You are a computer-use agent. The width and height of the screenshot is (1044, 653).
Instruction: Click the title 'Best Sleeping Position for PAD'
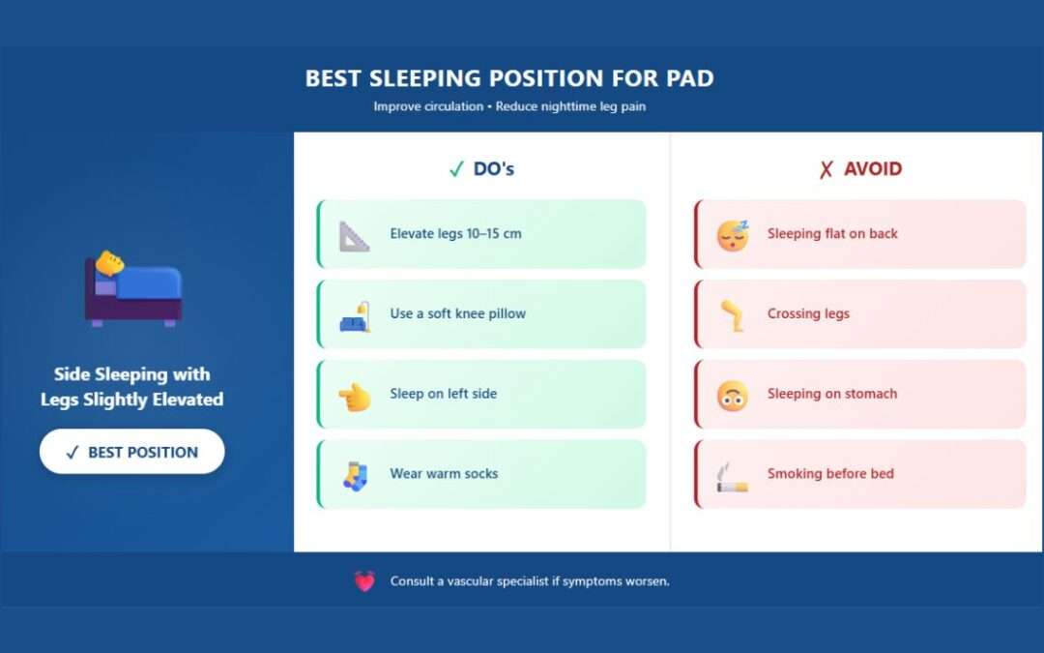click(x=509, y=78)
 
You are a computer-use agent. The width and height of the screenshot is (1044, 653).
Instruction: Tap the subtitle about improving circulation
click(x=509, y=106)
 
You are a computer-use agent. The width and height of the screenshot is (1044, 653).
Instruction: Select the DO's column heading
click(x=481, y=169)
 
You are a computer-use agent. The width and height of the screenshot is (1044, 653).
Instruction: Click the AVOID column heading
click(x=859, y=169)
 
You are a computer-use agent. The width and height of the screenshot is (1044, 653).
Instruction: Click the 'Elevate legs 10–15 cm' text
click(x=455, y=234)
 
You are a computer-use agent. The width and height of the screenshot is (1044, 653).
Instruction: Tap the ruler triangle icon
click(x=354, y=235)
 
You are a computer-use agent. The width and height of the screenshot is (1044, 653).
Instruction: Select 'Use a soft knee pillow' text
click(x=457, y=314)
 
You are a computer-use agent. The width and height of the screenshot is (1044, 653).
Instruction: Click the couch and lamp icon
click(x=354, y=315)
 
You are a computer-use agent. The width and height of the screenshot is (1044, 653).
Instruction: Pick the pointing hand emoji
click(x=354, y=396)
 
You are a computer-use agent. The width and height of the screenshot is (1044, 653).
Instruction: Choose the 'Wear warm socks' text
click(x=444, y=474)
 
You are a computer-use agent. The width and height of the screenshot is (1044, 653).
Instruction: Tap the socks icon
click(x=354, y=475)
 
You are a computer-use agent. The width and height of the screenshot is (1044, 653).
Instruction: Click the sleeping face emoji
click(x=732, y=235)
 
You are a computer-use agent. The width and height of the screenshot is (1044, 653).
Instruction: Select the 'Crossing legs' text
click(x=808, y=314)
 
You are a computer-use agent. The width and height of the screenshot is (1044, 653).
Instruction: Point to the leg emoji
click(x=732, y=315)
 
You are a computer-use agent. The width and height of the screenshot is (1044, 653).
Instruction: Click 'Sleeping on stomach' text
click(x=831, y=395)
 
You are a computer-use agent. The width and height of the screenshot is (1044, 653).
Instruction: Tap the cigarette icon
click(x=732, y=476)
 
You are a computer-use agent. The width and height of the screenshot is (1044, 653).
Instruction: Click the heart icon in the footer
click(x=364, y=581)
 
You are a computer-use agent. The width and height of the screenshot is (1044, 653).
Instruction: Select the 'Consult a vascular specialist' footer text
click(x=529, y=581)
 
